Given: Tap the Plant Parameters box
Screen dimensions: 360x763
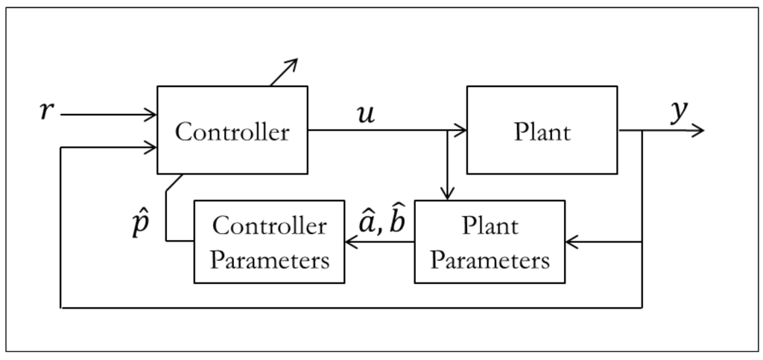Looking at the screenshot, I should tap(490, 241).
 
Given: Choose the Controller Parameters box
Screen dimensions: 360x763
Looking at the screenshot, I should tap(269, 241).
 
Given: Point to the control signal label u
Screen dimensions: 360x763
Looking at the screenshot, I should tap(366, 116).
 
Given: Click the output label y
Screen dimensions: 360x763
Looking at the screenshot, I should tap(678, 112).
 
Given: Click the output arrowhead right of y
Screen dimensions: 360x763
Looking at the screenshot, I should tap(698, 130).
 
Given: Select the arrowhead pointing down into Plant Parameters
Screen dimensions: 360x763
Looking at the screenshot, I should tap(447, 195).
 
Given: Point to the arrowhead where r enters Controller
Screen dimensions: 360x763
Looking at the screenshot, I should tap(151, 115).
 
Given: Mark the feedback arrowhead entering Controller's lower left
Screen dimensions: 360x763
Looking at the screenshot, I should tap(151, 148).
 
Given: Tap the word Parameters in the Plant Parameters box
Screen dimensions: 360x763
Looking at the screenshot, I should tap(490, 261).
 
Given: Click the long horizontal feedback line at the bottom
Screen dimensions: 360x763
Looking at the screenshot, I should tap(350, 307).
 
